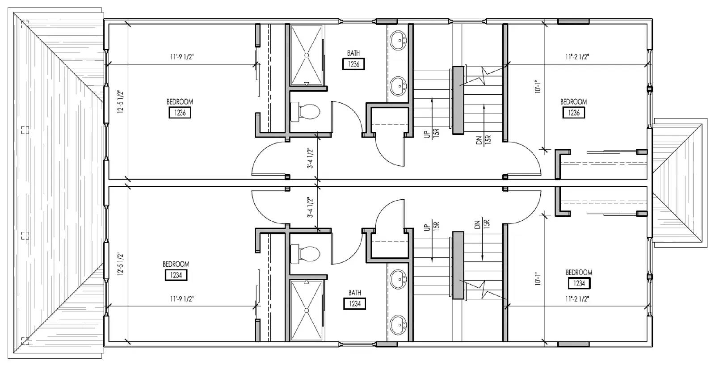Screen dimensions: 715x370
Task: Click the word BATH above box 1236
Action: [353, 53]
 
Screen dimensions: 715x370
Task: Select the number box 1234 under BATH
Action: [355, 303]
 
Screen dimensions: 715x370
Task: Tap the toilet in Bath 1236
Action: [305, 111]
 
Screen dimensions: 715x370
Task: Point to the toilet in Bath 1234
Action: [305, 254]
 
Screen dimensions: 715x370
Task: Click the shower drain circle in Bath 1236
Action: [307, 55]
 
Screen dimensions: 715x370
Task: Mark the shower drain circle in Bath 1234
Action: [307, 310]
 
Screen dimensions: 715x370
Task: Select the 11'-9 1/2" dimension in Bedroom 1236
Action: [182, 57]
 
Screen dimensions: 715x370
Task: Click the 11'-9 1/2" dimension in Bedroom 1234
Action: [182, 299]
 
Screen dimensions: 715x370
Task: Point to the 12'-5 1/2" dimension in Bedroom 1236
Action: [120, 101]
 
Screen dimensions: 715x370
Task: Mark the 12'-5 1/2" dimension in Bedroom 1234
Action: [120, 264]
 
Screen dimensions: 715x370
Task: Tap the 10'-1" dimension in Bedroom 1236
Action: [538, 87]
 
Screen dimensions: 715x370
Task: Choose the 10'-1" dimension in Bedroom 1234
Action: [538, 278]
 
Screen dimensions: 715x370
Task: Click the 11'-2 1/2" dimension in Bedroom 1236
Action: [577, 57]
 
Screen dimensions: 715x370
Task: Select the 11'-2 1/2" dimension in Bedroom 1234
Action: [577, 299]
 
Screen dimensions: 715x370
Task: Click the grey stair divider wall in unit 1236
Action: [458, 100]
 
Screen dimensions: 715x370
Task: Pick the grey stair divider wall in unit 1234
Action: [458, 265]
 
